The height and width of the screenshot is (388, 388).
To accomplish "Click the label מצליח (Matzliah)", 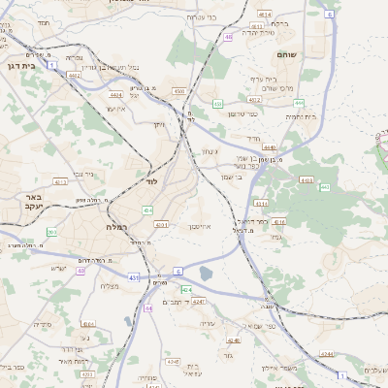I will point(110,286).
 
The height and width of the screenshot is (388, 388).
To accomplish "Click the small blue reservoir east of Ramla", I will point(205,275).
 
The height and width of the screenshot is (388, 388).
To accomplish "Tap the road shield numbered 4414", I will point(265,16).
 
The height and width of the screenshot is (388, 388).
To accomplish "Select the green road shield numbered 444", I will point(300,102).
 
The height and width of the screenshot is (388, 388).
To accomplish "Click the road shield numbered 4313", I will point(60,181).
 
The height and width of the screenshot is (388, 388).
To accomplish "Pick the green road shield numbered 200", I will point(52,232).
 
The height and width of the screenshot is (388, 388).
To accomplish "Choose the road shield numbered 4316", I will point(279,222).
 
